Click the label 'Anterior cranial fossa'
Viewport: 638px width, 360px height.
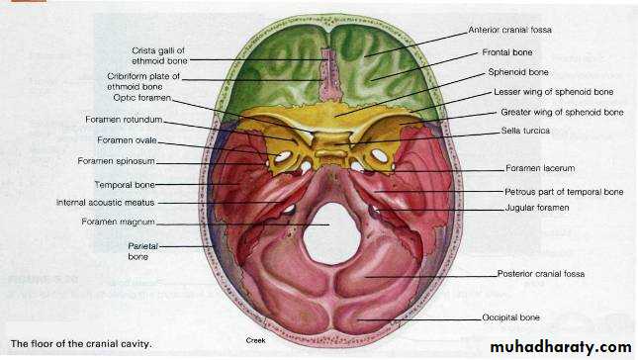click(509, 30)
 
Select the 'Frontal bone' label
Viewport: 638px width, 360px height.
click(507, 52)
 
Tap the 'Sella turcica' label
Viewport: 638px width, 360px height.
click(525, 131)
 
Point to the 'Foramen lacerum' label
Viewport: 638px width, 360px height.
click(540, 168)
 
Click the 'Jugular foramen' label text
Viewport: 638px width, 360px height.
click(537, 208)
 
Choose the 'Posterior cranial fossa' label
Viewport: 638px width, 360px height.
click(541, 274)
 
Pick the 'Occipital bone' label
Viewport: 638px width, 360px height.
click(510, 317)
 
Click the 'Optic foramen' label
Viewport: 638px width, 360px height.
click(142, 98)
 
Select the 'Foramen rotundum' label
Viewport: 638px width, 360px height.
click(124, 120)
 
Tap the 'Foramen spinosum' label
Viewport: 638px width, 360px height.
click(116, 161)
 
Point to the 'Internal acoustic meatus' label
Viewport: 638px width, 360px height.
click(106, 203)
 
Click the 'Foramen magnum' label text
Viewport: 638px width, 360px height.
click(118, 223)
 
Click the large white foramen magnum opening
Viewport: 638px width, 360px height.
click(332, 233)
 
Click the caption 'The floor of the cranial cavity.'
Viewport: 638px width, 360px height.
click(81, 344)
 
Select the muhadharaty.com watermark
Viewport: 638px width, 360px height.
click(561, 347)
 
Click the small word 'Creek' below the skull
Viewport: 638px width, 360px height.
click(255, 340)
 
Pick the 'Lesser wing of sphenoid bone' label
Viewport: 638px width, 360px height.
click(553, 92)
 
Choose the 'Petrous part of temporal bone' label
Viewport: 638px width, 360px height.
click(564, 192)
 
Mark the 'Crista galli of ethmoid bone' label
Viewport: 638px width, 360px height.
click(159, 55)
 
